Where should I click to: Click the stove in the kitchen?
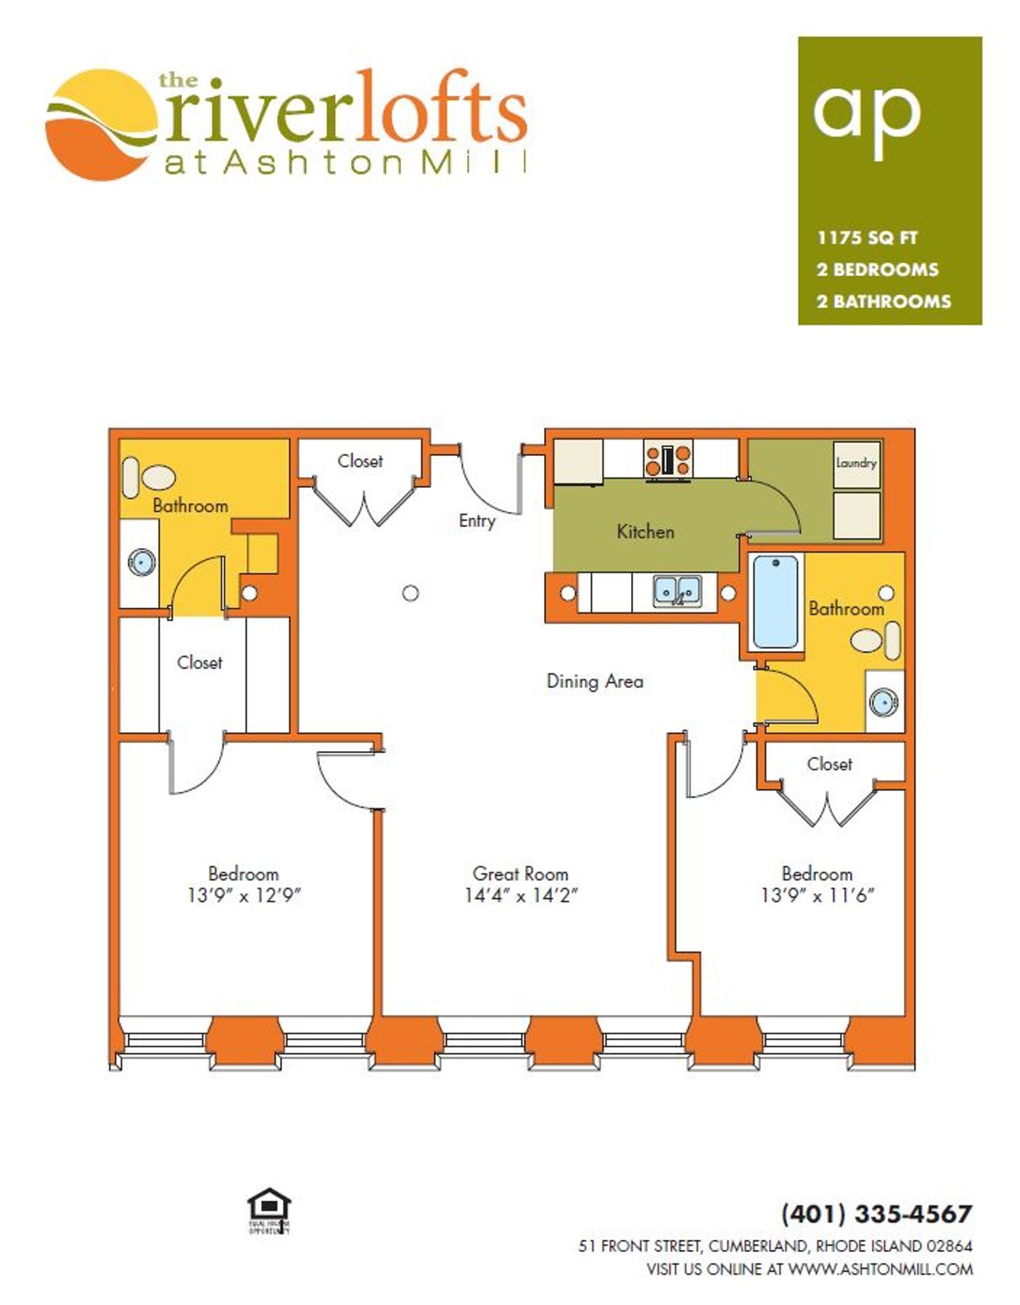tap(668, 459)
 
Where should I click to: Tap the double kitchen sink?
tap(677, 591)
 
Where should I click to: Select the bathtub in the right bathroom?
tap(775, 602)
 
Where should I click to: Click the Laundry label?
tap(856, 463)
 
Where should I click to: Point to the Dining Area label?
tap(595, 681)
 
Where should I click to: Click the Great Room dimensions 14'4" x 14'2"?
tap(521, 896)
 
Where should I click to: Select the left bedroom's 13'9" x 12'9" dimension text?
tap(244, 896)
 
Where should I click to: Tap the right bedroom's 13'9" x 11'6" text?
tap(817, 896)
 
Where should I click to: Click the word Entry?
tap(477, 521)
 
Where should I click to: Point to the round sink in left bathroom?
tap(141, 562)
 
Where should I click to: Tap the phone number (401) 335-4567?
tap(877, 1213)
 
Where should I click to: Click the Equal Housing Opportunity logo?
tap(269, 1211)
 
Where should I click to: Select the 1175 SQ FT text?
tap(867, 238)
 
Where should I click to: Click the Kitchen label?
tap(645, 532)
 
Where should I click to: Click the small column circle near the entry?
tap(410, 593)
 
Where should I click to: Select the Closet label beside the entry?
tap(360, 461)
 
